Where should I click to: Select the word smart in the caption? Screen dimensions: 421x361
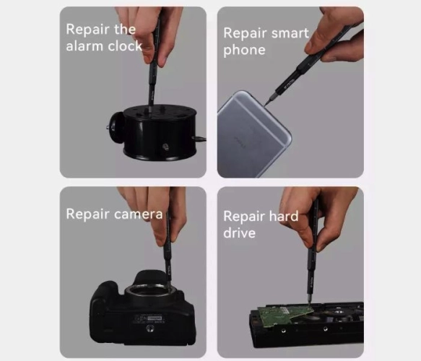click(x=290, y=33)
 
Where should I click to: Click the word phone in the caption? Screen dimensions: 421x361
click(x=244, y=51)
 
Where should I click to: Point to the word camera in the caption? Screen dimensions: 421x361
click(x=138, y=214)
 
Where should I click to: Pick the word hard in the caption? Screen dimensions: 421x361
click(x=284, y=216)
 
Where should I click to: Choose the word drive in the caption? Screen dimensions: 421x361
click(x=239, y=232)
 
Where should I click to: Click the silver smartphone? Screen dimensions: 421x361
click(x=253, y=134)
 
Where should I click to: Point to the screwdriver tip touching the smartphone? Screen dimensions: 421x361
click(x=265, y=105)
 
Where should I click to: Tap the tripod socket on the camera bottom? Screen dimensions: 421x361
click(x=149, y=328)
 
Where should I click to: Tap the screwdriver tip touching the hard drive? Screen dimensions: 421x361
click(x=310, y=305)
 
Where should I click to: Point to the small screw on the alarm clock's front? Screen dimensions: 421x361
click(x=165, y=147)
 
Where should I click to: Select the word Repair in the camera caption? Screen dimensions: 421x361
click(x=88, y=214)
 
